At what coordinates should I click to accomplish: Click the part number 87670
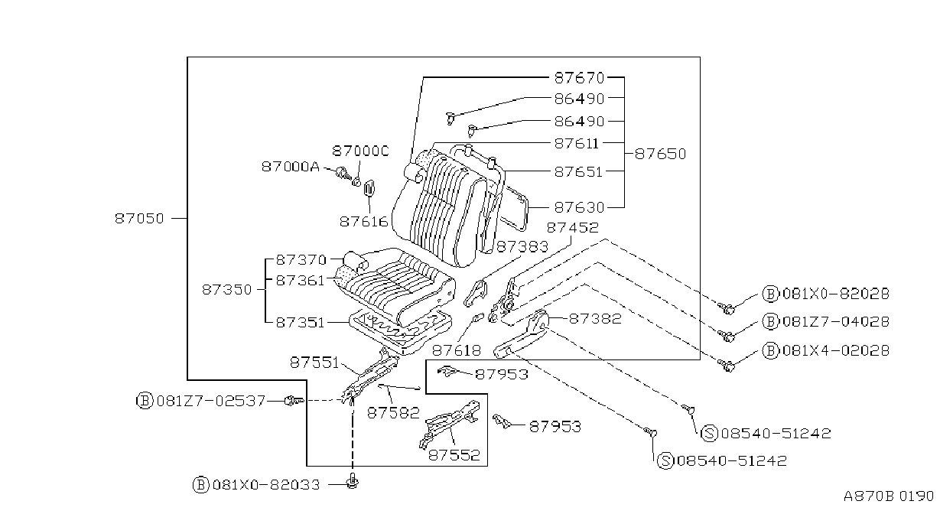coord(579,78)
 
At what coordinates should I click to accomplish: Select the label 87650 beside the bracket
coord(660,154)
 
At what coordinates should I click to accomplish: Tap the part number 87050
coord(139,219)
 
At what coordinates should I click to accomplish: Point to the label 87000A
coord(291,167)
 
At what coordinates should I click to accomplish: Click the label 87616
coord(364,222)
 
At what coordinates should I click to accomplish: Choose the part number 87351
coord(301,323)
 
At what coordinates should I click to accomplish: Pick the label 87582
coord(393,413)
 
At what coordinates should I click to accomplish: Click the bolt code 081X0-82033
coord(266,485)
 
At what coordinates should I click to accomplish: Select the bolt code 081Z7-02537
coord(210,401)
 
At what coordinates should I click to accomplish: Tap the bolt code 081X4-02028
coord(836,350)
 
